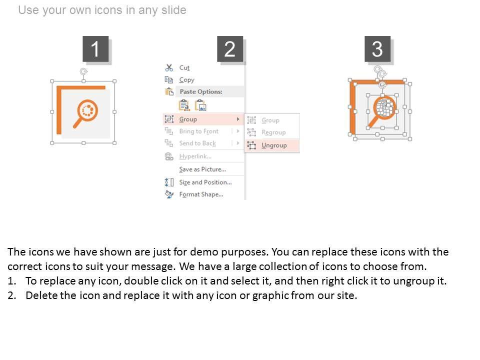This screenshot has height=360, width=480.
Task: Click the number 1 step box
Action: [x=95, y=49]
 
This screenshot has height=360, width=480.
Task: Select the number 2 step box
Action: [x=230, y=49]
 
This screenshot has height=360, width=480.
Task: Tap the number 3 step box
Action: [x=377, y=49]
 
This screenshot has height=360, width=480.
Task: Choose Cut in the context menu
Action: [x=184, y=67]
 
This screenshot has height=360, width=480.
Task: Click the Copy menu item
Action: [x=186, y=80]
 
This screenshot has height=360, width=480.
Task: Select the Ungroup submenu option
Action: [x=274, y=145]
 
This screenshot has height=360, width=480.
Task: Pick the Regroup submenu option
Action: [x=273, y=132]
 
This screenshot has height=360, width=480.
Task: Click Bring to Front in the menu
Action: [x=198, y=131]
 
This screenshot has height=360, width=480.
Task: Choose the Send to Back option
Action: [x=197, y=143]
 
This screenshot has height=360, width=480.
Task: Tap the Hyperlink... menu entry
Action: [x=195, y=156]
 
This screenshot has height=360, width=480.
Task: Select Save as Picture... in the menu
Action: [x=202, y=169]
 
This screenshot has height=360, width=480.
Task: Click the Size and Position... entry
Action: [x=205, y=182]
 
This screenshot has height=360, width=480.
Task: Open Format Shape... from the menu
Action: [x=201, y=194]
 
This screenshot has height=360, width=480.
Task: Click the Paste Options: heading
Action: [x=201, y=91]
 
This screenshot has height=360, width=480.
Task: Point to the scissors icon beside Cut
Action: [x=169, y=67]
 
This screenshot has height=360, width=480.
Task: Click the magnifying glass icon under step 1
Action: [x=85, y=113]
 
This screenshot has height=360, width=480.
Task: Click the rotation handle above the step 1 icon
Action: [x=83, y=71]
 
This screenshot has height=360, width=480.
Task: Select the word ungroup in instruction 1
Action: [x=415, y=280]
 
